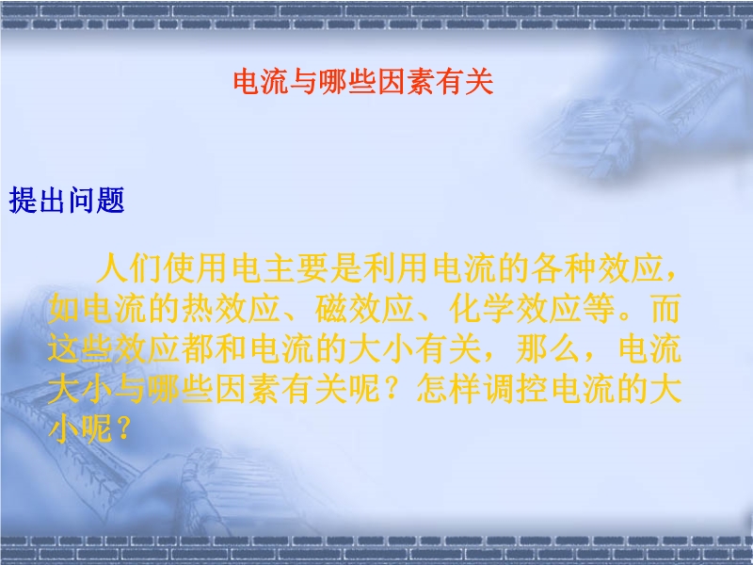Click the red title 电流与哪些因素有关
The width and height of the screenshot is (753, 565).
click(x=363, y=82)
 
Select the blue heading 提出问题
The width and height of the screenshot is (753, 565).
click(x=67, y=200)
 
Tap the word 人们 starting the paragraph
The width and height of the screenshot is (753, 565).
click(x=129, y=268)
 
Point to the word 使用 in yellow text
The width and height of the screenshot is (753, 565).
click(x=195, y=268)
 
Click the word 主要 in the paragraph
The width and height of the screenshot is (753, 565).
click(x=296, y=268)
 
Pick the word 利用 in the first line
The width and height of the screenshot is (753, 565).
click(x=395, y=268)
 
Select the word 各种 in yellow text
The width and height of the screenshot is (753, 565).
click(x=563, y=268)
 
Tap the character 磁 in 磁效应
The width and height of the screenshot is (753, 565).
click(x=331, y=309)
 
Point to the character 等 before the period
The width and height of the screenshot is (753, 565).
click(x=599, y=309)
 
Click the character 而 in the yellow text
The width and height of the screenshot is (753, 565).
click(x=665, y=309)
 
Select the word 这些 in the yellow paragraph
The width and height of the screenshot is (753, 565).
click(x=80, y=348)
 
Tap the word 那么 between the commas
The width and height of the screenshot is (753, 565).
click(x=549, y=348)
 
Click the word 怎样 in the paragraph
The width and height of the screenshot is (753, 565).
click(x=448, y=389)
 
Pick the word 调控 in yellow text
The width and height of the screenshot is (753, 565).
click(x=515, y=389)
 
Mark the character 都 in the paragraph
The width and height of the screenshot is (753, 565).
click(x=197, y=348)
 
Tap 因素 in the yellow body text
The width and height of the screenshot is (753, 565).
click(x=248, y=389)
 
